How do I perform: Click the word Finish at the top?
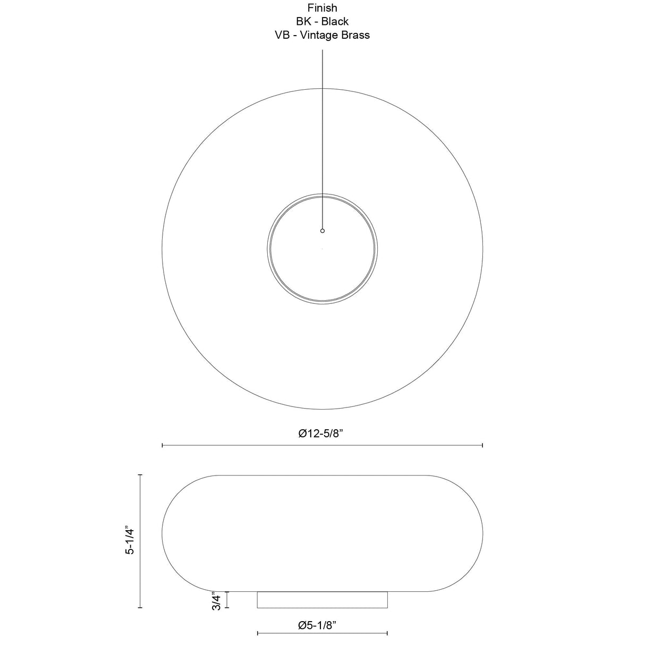[322, 7]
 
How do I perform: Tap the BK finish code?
[303, 21]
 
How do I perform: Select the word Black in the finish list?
[335, 21]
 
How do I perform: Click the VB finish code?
[282, 35]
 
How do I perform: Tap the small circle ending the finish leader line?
[322, 231]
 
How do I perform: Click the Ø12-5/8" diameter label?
[321, 434]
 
